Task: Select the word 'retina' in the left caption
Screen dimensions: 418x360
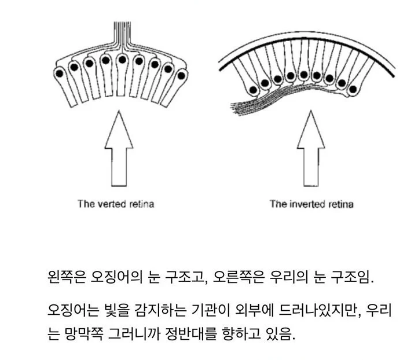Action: (x=141, y=204)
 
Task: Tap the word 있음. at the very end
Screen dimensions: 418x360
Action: (x=282, y=335)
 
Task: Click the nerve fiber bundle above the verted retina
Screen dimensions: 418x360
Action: (x=122, y=35)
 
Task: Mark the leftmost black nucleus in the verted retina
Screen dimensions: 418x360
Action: (x=60, y=74)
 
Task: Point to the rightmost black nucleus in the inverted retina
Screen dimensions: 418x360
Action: (x=352, y=89)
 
